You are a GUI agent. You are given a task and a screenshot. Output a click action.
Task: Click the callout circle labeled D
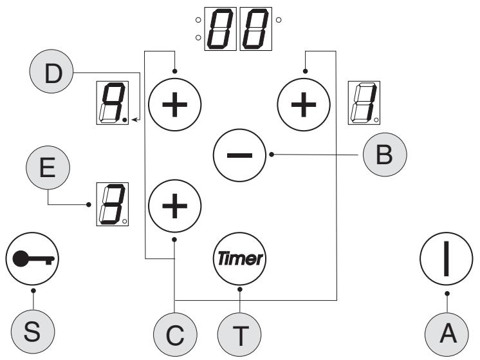click(x=51, y=71)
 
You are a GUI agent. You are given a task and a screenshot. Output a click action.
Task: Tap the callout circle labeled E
click(x=48, y=167)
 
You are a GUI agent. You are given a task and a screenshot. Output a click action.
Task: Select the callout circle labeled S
click(x=33, y=332)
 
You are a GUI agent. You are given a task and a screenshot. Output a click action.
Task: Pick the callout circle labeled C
click(x=175, y=335)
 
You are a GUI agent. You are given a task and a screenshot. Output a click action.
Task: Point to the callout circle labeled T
click(x=239, y=335)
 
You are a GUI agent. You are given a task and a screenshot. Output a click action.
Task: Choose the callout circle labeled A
click(x=447, y=334)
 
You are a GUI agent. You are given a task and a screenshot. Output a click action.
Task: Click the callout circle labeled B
click(x=385, y=155)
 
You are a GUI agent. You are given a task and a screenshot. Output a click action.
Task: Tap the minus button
click(x=239, y=155)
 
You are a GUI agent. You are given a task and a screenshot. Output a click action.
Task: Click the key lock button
click(x=32, y=259)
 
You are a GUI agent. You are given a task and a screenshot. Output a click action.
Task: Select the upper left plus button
click(x=175, y=104)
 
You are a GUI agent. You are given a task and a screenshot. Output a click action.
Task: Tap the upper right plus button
click(x=304, y=104)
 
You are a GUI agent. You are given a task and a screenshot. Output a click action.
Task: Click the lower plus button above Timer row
click(x=175, y=206)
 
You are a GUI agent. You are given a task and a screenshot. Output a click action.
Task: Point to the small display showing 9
click(x=113, y=103)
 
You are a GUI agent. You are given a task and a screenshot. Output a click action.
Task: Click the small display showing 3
click(x=113, y=204)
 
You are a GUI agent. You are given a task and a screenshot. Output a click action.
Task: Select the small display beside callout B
click(x=364, y=103)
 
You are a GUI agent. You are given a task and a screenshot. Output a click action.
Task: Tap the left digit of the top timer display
click(x=221, y=29)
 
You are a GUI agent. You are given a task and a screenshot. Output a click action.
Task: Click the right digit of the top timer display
click(x=256, y=29)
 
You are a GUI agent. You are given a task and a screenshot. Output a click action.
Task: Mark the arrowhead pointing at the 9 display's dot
click(x=134, y=120)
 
